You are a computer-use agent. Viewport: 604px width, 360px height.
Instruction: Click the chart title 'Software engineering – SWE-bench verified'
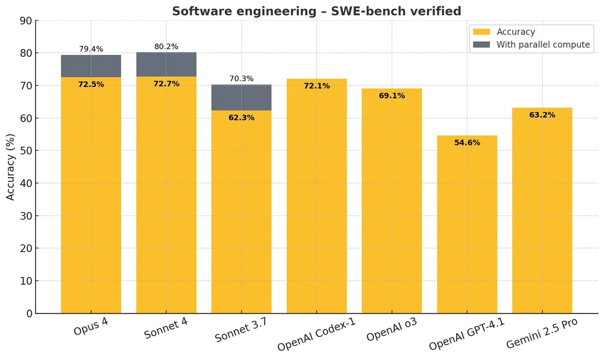point(317,11)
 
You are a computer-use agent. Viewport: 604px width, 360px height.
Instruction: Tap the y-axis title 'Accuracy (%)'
point(11,167)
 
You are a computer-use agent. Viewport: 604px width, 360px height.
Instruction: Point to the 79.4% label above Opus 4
point(91,49)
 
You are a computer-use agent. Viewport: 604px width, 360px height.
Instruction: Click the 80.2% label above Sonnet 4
point(166,46)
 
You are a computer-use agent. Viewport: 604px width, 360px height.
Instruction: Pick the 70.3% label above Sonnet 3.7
point(241,79)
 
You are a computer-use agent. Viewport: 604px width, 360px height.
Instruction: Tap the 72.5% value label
point(91,85)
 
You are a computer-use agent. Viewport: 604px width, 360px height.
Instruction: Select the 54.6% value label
point(467,142)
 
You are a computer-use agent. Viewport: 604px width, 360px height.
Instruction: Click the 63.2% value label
point(542,115)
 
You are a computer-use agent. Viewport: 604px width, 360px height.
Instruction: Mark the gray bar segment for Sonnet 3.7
point(241,98)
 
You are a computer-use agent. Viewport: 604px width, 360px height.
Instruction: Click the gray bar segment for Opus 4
point(91,66)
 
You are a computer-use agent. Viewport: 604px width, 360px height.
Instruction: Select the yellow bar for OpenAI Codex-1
point(317,197)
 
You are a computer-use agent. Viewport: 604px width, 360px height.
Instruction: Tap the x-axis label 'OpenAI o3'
point(392,329)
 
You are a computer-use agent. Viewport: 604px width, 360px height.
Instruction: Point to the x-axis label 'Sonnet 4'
point(166,328)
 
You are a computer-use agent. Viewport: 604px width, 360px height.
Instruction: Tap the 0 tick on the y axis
point(27,314)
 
